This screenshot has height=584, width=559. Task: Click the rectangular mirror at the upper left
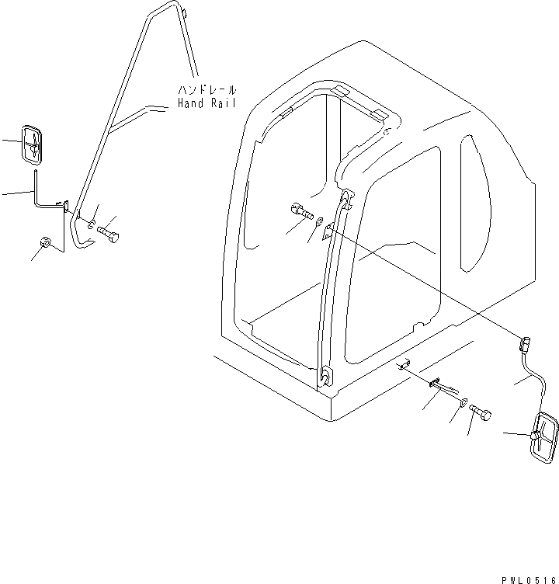pyautogui.click(x=32, y=144)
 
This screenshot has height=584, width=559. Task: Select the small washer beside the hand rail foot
pyautogui.click(x=92, y=224)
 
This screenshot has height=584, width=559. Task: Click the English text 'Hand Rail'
pyautogui.click(x=207, y=103)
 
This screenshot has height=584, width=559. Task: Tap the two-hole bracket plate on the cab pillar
pyautogui.click(x=329, y=228)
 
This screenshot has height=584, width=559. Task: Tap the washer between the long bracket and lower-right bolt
pyautogui.click(x=463, y=401)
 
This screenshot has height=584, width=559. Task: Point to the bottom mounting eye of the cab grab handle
pyautogui.click(x=325, y=377)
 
